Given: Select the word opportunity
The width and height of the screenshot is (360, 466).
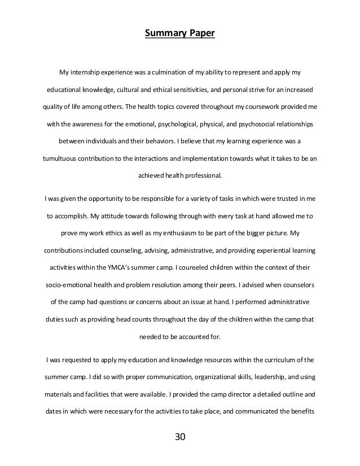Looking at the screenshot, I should pos(96,197).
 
